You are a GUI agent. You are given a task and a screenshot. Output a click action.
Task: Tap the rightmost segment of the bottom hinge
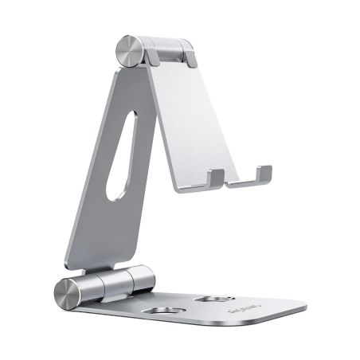click(143, 281)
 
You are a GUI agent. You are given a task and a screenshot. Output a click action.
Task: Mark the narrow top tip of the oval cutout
click(131, 119)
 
